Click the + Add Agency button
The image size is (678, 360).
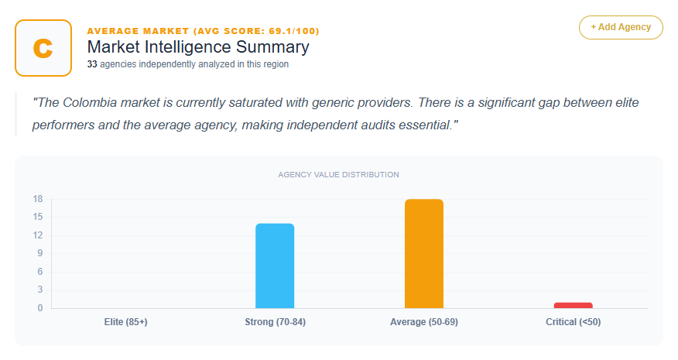click(621, 27)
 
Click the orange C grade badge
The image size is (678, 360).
click(43, 48)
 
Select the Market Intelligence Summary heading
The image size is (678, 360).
click(198, 47)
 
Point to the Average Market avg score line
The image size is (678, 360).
click(203, 31)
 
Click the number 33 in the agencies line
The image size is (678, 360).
click(92, 65)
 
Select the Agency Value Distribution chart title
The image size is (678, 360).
click(338, 175)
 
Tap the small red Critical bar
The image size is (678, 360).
click(573, 305)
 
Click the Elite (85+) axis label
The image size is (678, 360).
click(125, 322)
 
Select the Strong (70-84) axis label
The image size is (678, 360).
click(275, 322)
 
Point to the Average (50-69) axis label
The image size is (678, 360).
click(424, 322)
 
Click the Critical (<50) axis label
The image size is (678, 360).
click(573, 322)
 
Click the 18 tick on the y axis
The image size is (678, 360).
click(37, 199)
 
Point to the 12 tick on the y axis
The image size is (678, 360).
click(37, 235)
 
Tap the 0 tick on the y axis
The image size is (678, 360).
click(39, 308)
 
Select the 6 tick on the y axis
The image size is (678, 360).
click(39, 272)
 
